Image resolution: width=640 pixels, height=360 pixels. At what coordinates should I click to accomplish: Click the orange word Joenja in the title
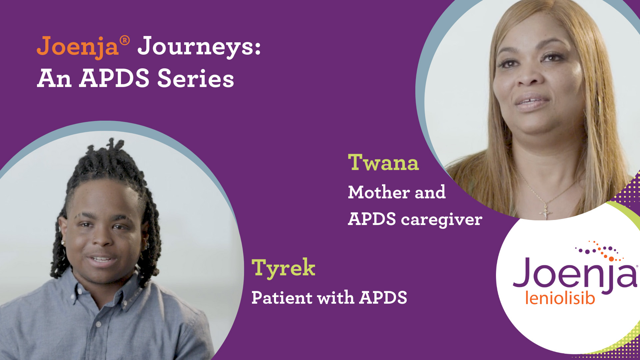coord(78,47)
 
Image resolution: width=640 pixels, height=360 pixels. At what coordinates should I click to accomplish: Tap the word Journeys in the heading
coord(199,47)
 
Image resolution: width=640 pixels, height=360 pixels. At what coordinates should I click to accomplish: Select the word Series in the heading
coord(196,79)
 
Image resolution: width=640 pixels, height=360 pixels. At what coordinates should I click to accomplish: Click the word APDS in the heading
coord(114,79)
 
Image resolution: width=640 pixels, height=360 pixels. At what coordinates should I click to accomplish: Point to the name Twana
coord(383,163)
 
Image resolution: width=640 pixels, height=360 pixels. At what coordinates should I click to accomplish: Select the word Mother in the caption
coord(379,192)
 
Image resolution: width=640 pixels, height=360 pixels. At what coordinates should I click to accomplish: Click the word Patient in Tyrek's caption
coord(282,297)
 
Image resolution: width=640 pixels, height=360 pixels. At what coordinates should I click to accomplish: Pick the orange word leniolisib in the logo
coord(560,298)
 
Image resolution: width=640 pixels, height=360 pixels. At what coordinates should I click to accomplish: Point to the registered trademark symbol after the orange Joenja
coord(125,41)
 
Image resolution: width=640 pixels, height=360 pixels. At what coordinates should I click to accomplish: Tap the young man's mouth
coord(101,259)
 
